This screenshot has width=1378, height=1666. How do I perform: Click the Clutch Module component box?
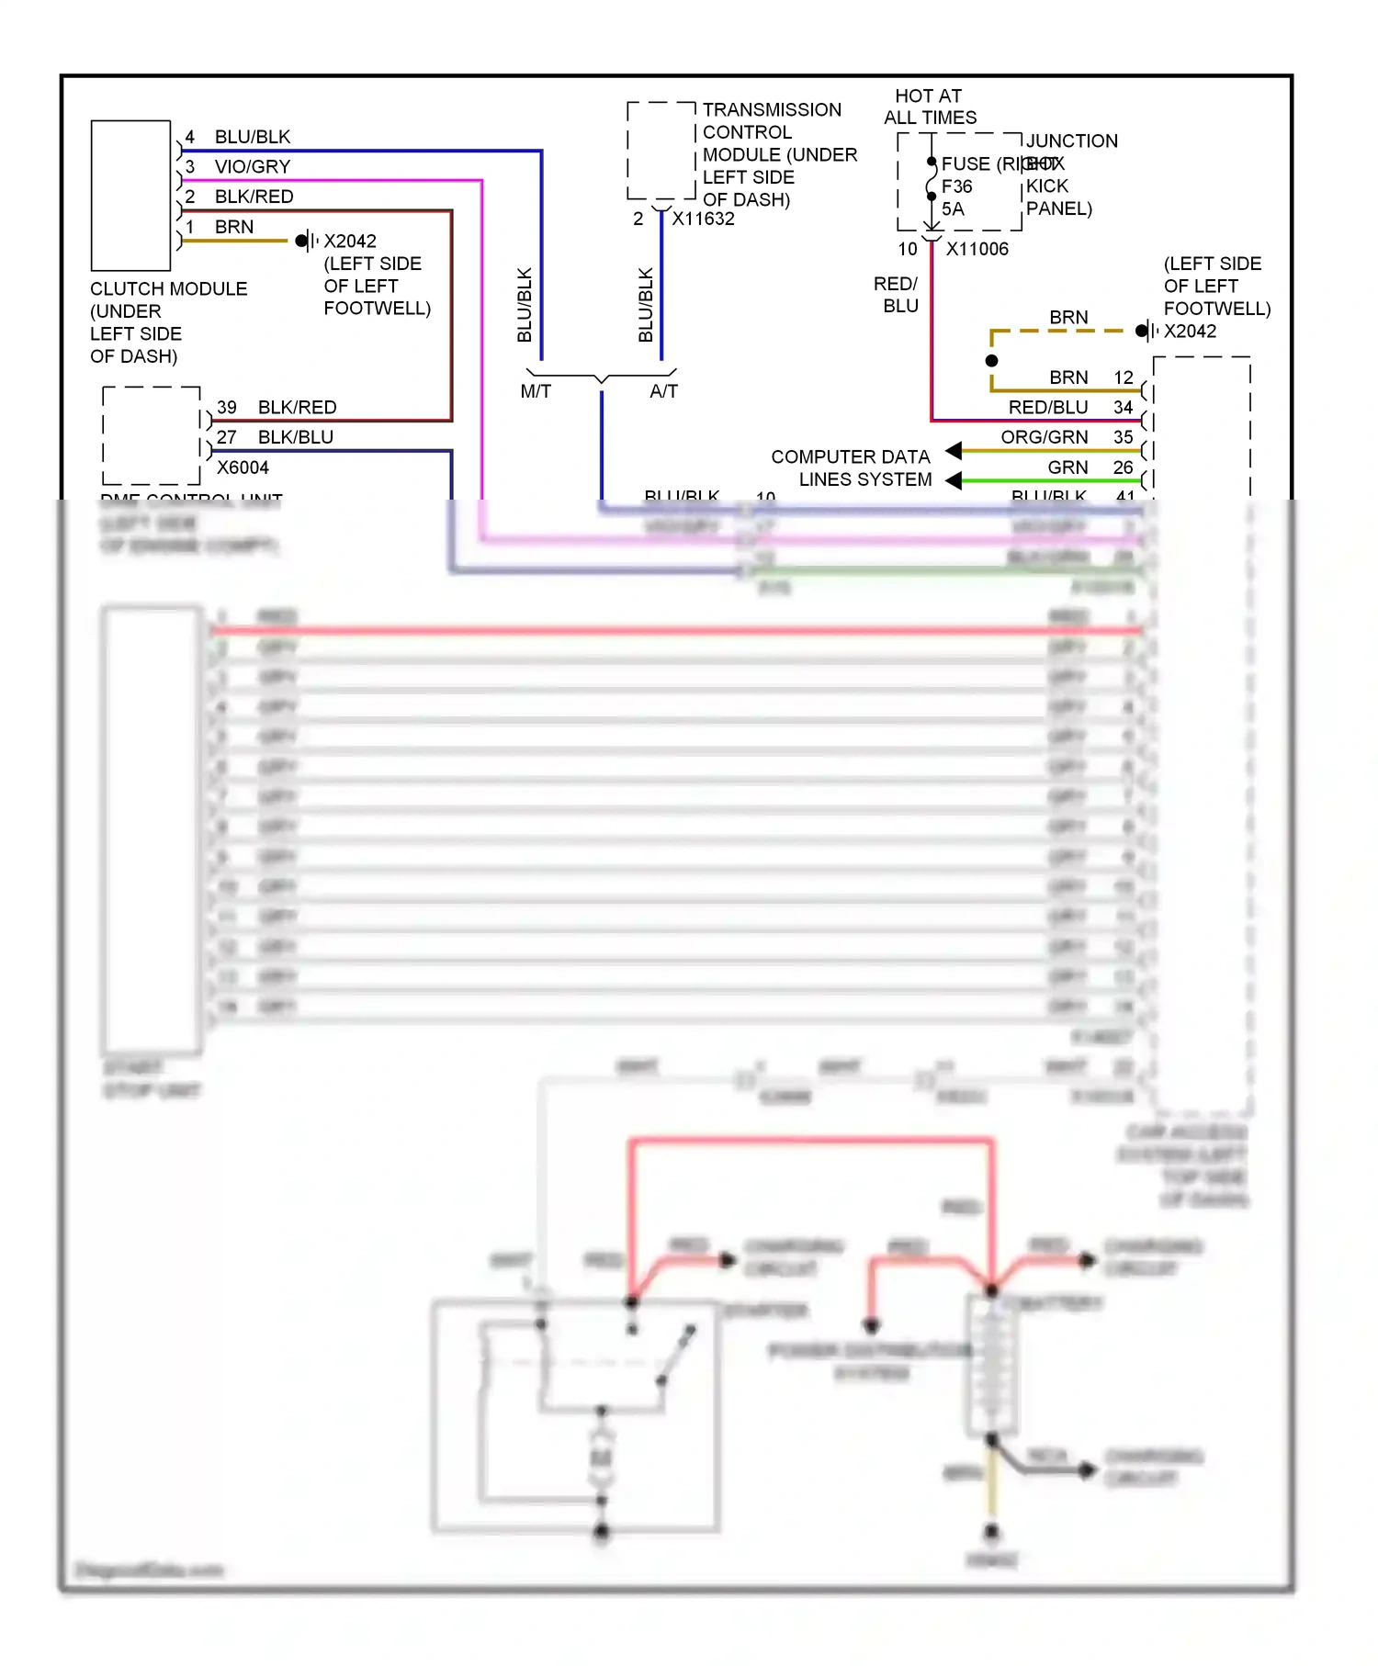(x=130, y=195)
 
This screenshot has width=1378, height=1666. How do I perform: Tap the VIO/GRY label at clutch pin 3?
(x=252, y=166)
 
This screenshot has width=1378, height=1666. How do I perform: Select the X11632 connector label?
(x=703, y=219)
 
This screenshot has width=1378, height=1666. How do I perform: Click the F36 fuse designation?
(x=956, y=186)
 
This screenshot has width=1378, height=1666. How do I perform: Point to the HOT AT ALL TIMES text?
(x=929, y=107)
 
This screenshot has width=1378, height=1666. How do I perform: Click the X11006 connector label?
(x=977, y=249)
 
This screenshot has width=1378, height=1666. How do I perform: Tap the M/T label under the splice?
(x=536, y=391)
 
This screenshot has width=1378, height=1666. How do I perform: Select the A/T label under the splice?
(x=663, y=391)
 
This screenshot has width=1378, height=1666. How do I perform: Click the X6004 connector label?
(x=243, y=467)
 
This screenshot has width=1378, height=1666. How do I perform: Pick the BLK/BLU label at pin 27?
(x=295, y=437)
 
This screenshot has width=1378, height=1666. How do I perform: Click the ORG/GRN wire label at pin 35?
(x=1044, y=437)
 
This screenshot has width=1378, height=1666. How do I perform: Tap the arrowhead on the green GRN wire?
(x=954, y=480)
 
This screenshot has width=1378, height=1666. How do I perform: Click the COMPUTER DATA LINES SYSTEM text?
(x=851, y=467)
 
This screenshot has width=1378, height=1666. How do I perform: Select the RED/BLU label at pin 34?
(x=1047, y=407)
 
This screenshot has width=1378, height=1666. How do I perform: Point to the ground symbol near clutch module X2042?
(x=306, y=242)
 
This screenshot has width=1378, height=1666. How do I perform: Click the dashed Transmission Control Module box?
(x=661, y=151)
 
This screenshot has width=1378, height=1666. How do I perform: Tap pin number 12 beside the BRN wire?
(x=1123, y=377)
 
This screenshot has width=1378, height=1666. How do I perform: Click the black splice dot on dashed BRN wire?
(x=991, y=361)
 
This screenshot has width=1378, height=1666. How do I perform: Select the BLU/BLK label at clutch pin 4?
(x=252, y=137)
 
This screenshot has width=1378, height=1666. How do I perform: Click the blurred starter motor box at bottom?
(x=575, y=1414)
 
